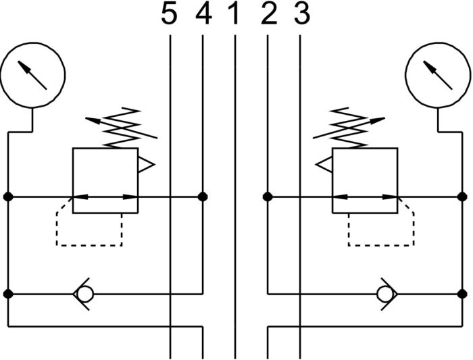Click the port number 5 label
[169, 14]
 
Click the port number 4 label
[203, 14]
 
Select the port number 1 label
[234, 14]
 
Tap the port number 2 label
[269, 14]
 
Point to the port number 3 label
[302, 14]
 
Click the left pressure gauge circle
[32, 43]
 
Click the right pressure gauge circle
[438, 43]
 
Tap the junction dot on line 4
[203, 197]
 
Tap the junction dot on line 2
[268, 197]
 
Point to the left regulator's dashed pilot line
[89, 245]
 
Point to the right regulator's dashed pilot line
[381, 245]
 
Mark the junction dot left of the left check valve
[8, 294]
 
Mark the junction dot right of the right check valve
[462, 294]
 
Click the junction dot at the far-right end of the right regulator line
[462, 197]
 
